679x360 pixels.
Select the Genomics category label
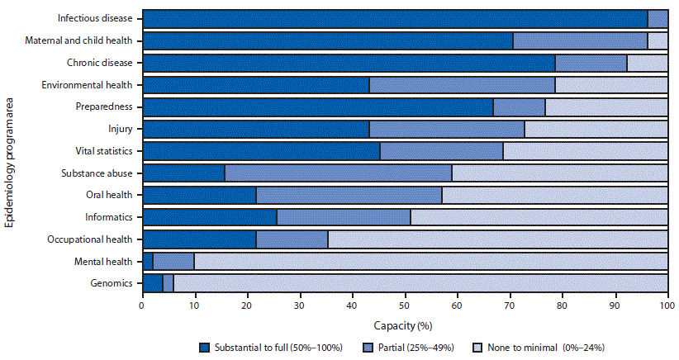[112, 283]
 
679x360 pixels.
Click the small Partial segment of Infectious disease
[658, 18]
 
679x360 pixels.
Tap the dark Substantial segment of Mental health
[147, 262]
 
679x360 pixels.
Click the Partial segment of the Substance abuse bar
[338, 173]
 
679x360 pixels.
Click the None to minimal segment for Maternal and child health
[658, 40]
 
